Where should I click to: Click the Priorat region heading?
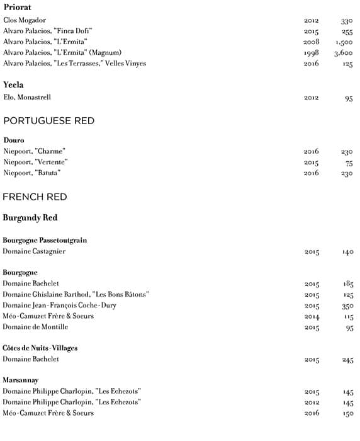point(17,8)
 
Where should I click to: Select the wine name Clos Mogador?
point(25,20)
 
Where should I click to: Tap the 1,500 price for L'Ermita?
point(344,42)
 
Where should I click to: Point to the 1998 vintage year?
point(311,53)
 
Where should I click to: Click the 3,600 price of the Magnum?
point(344,53)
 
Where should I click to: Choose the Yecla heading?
point(14,84)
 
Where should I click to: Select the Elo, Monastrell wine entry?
point(27,98)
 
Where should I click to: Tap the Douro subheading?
point(13,140)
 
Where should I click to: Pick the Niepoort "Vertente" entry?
point(35,162)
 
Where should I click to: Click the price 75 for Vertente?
point(349,163)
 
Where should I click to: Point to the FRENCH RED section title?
point(35,197)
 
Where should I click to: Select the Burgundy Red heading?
point(30,218)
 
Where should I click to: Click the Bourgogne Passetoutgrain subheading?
point(45,240)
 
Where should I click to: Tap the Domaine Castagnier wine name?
point(34,251)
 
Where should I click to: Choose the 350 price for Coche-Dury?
point(347,306)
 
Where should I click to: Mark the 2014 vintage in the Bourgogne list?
point(312,316)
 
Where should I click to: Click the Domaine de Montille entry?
point(35,327)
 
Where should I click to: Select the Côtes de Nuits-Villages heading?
point(40,348)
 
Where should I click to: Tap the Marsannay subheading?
point(21,380)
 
